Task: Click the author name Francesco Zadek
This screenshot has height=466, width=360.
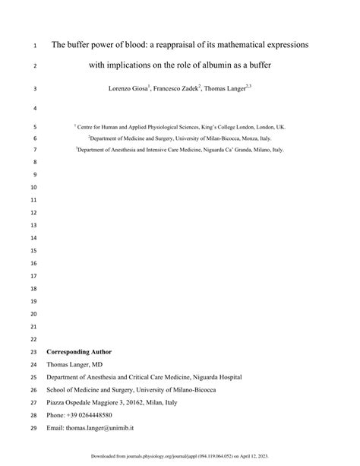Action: point(183,89)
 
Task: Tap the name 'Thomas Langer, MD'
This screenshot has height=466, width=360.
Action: point(76,365)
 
